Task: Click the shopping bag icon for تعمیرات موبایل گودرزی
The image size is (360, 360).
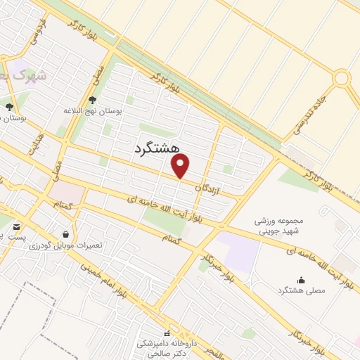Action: point(66,234)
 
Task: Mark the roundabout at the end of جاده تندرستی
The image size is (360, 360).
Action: point(342,77)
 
